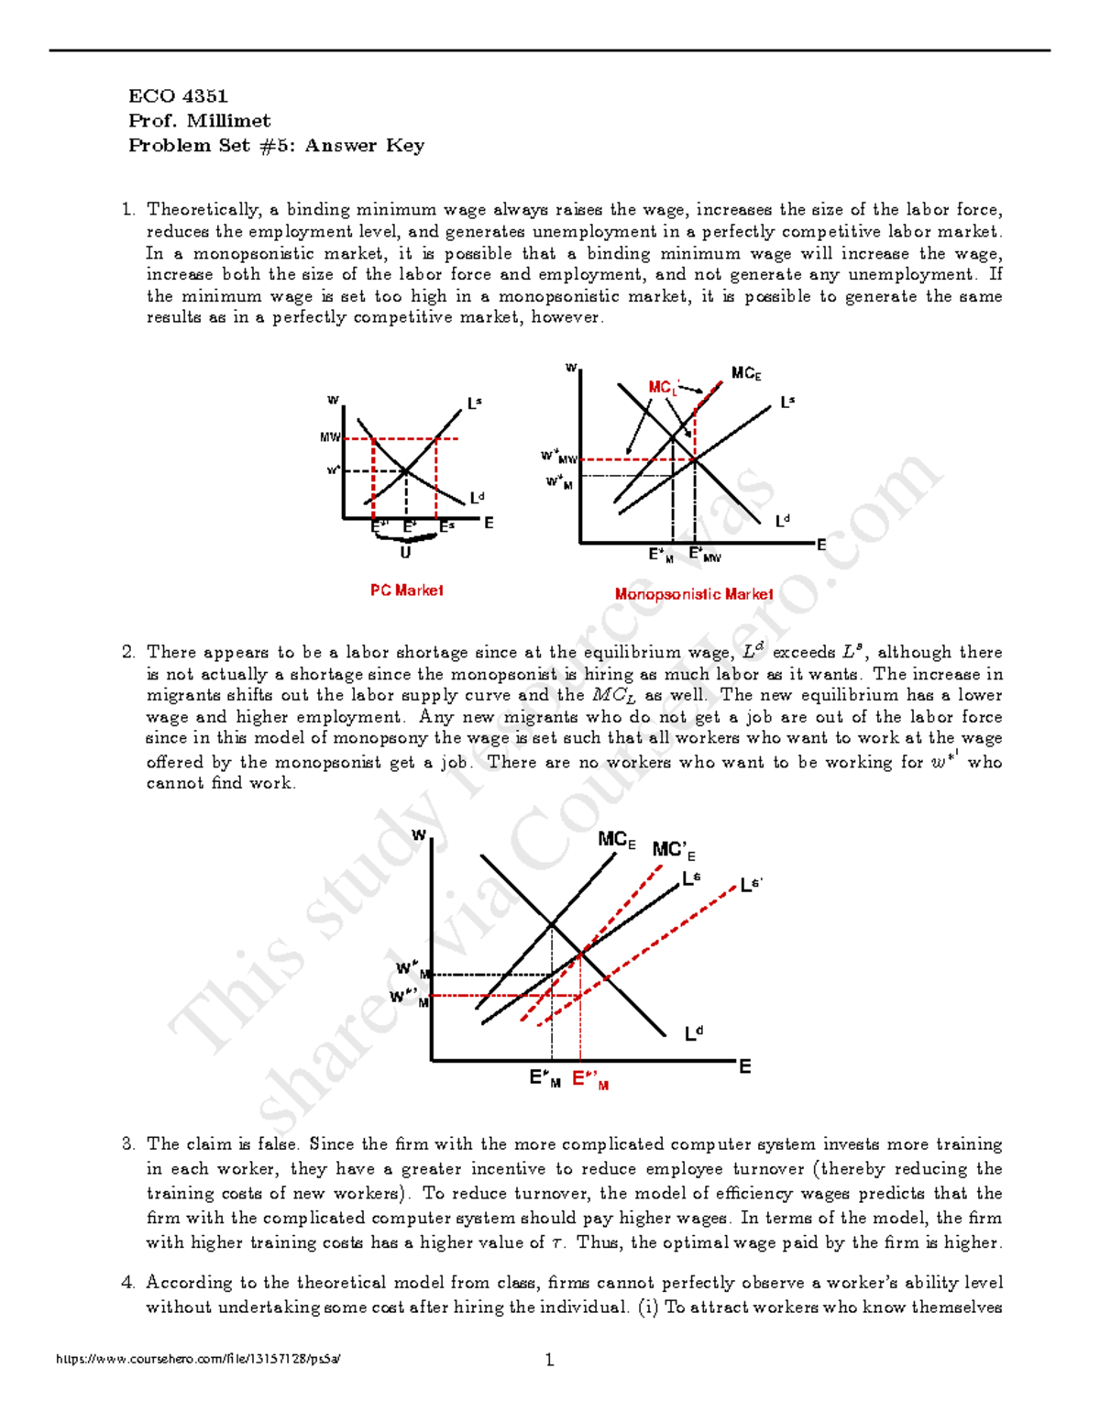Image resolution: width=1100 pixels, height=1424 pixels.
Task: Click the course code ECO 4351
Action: pyautogui.click(x=178, y=96)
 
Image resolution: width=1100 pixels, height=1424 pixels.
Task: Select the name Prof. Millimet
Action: pyautogui.click(x=199, y=121)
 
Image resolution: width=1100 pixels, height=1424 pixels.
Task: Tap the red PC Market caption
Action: pyautogui.click(x=406, y=591)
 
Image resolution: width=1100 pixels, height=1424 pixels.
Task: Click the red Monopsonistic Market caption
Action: pyautogui.click(x=694, y=594)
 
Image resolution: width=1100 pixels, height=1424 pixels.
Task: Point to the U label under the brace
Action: pyautogui.click(x=405, y=553)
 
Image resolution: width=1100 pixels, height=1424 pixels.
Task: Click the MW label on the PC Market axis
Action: pyautogui.click(x=330, y=437)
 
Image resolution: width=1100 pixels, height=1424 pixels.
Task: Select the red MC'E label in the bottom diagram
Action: pyautogui.click(x=674, y=851)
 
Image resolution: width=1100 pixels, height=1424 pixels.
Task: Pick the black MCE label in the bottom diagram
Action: pyautogui.click(x=616, y=840)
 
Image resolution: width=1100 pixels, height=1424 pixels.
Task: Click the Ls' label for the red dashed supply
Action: pyautogui.click(x=751, y=885)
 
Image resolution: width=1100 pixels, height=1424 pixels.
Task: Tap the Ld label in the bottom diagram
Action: pyautogui.click(x=694, y=1033)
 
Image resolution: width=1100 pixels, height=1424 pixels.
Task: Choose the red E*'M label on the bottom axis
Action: pyautogui.click(x=590, y=1080)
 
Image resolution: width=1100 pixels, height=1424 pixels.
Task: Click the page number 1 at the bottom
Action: pyautogui.click(x=549, y=1360)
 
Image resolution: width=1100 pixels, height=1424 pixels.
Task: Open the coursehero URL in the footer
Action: pyautogui.click(x=198, y=1360)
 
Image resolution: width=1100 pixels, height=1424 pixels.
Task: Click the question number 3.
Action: pyautogui.click(x=128, y=1144)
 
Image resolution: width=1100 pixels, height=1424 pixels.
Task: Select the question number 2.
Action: pyautogui.click(x=128, y=653)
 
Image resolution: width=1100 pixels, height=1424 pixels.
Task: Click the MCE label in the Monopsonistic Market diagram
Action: pyautogui.click(x=746, y=373)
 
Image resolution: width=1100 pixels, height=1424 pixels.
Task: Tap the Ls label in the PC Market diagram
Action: pyautogui.click(x=474, y=403)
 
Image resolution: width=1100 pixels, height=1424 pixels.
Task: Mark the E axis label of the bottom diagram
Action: pyautogui.click(x=744, y=1066)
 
